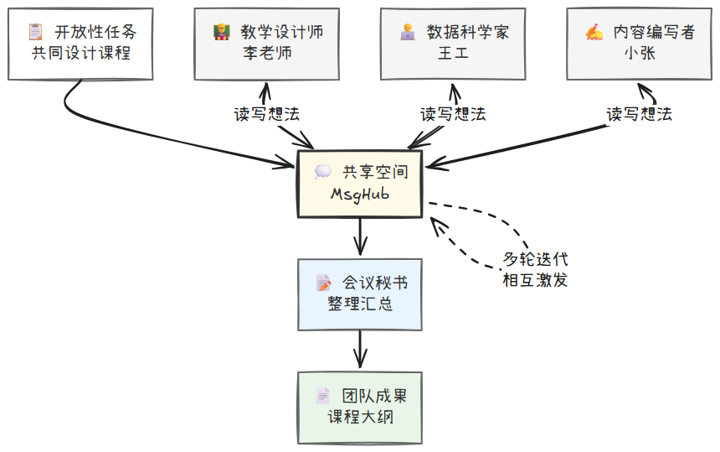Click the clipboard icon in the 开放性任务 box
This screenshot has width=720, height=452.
coord(35,33)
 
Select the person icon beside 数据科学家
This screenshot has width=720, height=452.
coord(407,33)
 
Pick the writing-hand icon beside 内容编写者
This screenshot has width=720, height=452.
coord(594,33)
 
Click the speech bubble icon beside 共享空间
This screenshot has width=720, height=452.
coord(322,172)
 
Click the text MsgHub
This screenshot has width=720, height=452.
coord(360,195)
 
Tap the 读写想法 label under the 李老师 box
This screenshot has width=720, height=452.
coord(266,114)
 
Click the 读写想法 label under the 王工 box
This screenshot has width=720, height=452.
coord(452,114)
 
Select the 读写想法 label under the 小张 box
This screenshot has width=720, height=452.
coord(639,114)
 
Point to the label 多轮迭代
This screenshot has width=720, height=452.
coord(535,260)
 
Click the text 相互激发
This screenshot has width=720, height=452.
coord(535,280)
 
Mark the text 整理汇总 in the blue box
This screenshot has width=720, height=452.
coord(360,304)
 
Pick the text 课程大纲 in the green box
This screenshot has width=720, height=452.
coord(360,417)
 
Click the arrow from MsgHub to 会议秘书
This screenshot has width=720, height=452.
coord(360,237)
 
